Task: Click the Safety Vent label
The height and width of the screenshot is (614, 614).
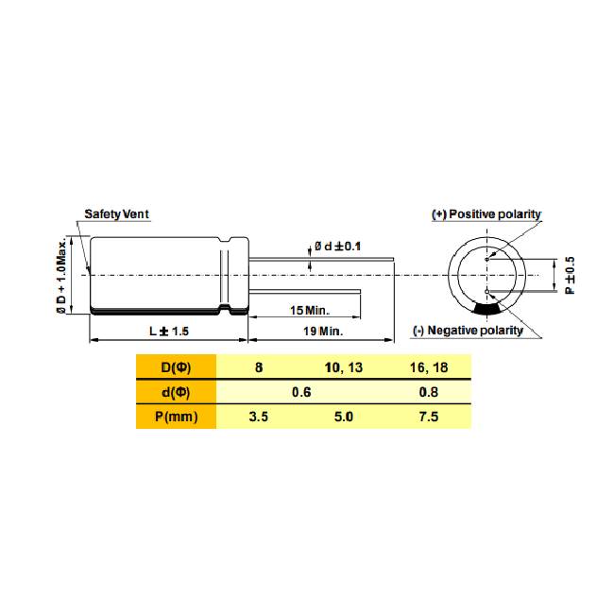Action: pyautogui.click(x=116, y=214)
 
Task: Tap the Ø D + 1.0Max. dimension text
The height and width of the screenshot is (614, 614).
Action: pyautogui.click(x=61, y=277)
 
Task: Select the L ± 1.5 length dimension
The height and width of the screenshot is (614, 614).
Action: pyautogui.click(x=169, y=332)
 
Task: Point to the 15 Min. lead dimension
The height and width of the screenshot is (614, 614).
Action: pyautogui.click(x=310, y=311)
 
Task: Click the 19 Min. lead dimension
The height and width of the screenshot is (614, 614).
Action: pyautogui.click(x=323, y=332)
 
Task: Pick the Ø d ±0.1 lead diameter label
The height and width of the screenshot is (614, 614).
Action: pyautogui.click(x=337, y=247)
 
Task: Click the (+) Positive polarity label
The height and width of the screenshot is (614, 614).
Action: pyautogui.click(x=486, y=214)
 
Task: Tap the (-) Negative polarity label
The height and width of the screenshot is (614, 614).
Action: pyautogui.click(x=468, y=331)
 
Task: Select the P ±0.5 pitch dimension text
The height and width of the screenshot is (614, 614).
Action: pyautogui.click(x=571, y=275)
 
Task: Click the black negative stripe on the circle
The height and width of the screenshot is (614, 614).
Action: pyautogui.click(x=487, y=309)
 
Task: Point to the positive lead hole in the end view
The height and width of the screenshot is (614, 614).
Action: pyautogui.click(x=487, y=259)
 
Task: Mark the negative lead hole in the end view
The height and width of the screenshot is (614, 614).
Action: pyautogui.click(x=487, y=291)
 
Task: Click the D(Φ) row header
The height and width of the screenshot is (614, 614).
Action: pyautogui.click(x=177, y=367)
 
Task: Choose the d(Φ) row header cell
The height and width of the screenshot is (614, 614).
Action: pyautogui.click(x=177, y=392)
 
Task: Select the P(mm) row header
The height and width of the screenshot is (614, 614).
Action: pyautogui.click(x=177, y=417)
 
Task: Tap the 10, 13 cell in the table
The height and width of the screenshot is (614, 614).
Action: pyautogui.click(x=344, y=367)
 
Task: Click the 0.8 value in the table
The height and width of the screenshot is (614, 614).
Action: pyautogui.click(x=429, y=392)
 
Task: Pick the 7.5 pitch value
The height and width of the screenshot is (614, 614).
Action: pyautogui.click(x=429, y=417)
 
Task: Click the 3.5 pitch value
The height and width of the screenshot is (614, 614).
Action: pyautogui.click(x=259, y=417)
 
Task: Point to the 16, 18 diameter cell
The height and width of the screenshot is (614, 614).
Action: pyautogui.click(x=429, y=367)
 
